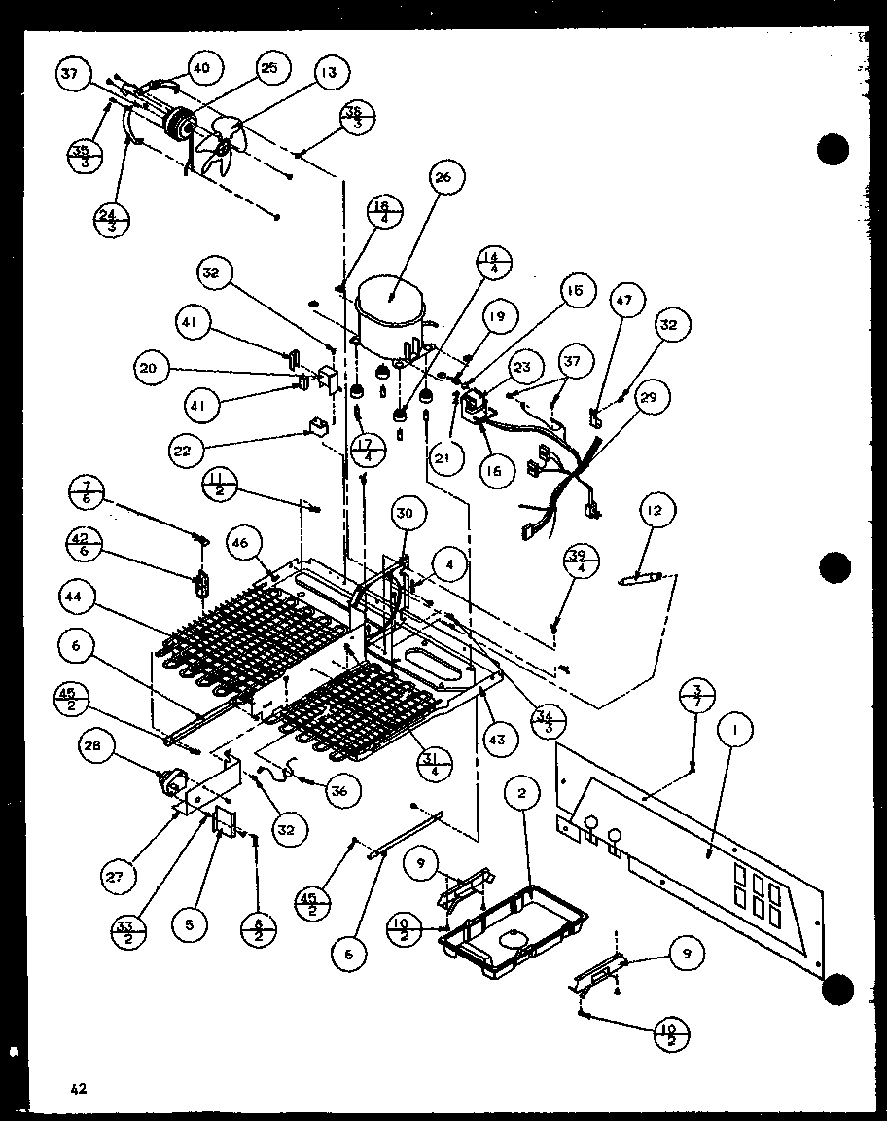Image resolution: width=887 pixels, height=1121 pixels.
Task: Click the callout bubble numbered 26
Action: point(444,177)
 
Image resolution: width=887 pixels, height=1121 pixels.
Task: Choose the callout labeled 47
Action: point(623,300)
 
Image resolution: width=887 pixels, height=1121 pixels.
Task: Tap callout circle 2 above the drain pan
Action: point(522,794)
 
